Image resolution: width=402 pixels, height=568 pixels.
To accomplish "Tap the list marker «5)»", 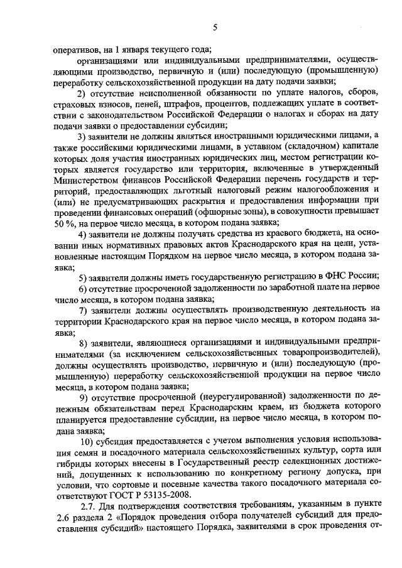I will pyautogui.click(x=82, y=277).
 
